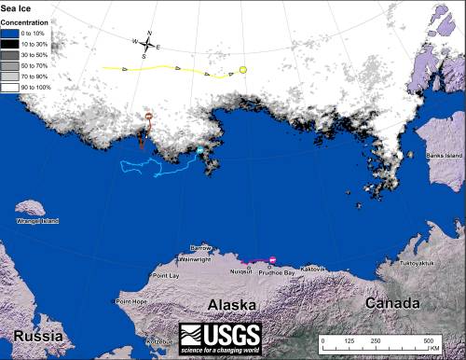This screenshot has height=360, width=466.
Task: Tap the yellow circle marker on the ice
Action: (x=242, y=71)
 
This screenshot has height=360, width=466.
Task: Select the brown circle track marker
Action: (x=146, y=117)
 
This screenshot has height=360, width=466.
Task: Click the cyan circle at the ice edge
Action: (x=199, y=149)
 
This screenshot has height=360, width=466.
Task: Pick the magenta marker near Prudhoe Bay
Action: (x=272, y=259)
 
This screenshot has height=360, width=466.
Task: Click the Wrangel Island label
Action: (x=37, y=221)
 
